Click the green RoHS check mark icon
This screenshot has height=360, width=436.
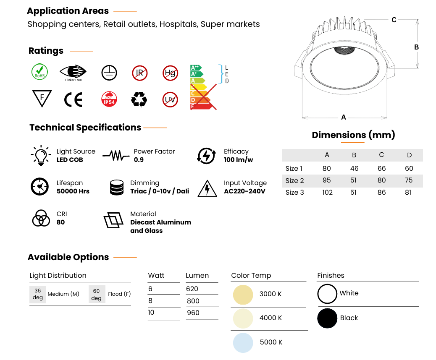click(39, 72)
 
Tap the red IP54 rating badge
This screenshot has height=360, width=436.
click(109, 99)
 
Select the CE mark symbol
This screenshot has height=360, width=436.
click(73, 99)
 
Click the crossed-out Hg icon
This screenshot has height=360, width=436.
click(170, 73)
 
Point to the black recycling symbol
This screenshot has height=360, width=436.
click(139, 99)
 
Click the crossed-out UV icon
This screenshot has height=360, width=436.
click(170, 100)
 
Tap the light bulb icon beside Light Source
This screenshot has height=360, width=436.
click(41, 156)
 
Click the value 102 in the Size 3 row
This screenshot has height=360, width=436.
click(327, 193)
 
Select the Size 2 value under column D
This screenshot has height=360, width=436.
click(409, 180)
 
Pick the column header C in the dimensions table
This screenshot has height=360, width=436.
click(381, 155)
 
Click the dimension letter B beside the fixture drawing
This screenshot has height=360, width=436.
click(416, 47)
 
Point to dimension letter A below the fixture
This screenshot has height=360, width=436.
click(344, 117)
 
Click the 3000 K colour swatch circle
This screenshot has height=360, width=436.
click(243, 295)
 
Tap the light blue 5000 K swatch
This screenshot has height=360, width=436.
click(243, 343)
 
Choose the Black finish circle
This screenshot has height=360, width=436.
click(327, 318)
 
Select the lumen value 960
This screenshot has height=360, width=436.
click(193, 313)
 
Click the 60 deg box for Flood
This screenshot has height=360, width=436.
click(97, 294)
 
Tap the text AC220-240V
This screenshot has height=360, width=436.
click(245, 191)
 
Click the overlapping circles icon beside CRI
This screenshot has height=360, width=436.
click(41, 218)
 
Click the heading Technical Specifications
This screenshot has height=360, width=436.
click(85, 128)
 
